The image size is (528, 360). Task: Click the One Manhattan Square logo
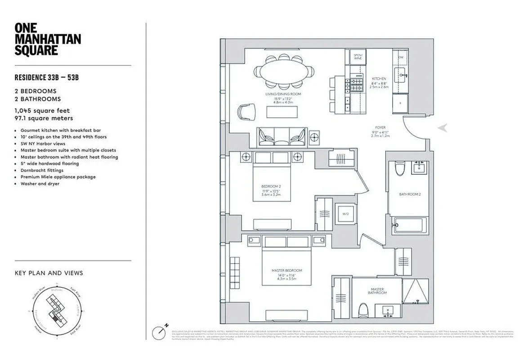pyautogui.click(x=48, y=39)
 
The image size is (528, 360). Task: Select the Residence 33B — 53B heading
pyautogui.click(x=47, y=77)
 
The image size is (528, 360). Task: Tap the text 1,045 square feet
pyautogui.click(x=42, y=111)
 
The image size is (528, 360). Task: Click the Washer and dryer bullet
pyautogui.click(x=40, y=184)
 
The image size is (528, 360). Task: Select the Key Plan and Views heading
pyautogui.click(x=49, y=273)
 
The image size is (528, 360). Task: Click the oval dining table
pyautogui.click(x=283, y=72)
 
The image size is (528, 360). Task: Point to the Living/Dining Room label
pyautogui.click(x=283, y=94)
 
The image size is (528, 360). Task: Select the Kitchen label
pyautogui.click(x=379, y=79)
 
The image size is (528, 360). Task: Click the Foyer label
pyautogui.click(x=380, y=128)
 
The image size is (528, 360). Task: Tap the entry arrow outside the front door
pyautogui.click(x=443, y=128)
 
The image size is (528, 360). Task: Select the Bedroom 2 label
pyautogui.click(x=271, y=186)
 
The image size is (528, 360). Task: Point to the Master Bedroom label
pyautogui.click(x=286, y=270)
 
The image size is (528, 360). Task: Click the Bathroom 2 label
pyautogui.click(x=410, y=194)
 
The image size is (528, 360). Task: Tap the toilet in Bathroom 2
pyautogui.click(x=399, y=169)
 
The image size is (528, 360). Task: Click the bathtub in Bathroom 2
pyautogui.click(x=409, y=225)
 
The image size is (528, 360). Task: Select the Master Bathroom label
pyautogui.click(x=376, y=291)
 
